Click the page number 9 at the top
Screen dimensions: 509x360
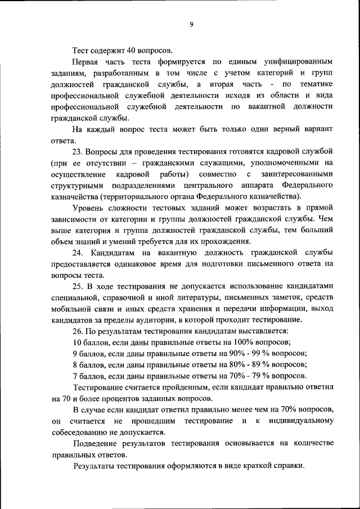coord(191,24)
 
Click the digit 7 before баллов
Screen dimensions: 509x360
coord(75,376)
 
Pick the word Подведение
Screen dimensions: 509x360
coord(96,444)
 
